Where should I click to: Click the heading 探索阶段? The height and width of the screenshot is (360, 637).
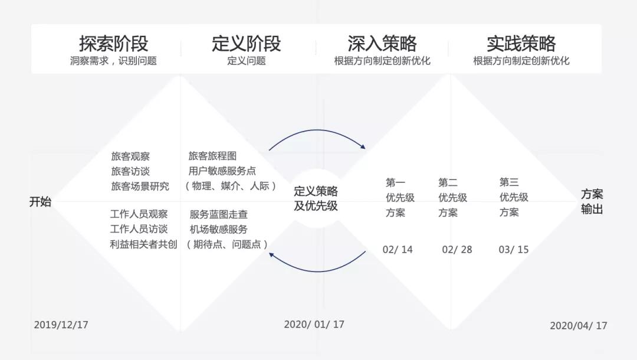pyautogui.click(x=113, y=43)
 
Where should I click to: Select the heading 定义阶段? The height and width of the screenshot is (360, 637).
pyautogui.click(x=246, y=43)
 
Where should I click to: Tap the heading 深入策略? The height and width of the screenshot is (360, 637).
pyautogui.click(x=382, y=43)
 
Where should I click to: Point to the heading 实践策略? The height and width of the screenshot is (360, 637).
pyautogui.click(x=521, y=43)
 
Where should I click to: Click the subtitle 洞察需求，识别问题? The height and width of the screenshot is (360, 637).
pyautogui.click(x=113, y=61)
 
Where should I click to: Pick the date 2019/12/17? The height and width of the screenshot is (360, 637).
pyautogui.click(x=61, y=325)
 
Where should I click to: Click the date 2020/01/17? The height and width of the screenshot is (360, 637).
pyautogui.click(x=314, y=324)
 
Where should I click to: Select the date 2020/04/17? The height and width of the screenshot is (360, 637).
pyautogui.click(x=578, y=325)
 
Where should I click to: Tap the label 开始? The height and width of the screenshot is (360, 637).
pyautogui.click(x=40, y=202)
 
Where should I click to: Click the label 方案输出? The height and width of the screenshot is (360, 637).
pyautogui.click(x=592, y=202)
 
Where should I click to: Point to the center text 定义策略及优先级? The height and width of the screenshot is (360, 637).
pyautogui.click(x=316, y=199)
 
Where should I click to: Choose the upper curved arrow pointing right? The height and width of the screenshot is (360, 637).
pyautogui.click(x=317, y=135)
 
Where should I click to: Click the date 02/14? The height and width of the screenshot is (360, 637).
pyautogui.click(x=398, y=249)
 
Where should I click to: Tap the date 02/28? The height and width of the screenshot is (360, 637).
pyautogui.click(x=457, y=249)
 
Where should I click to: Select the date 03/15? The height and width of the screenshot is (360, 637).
pyautogui.click(x=514, y=249)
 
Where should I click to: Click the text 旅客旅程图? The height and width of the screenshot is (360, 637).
pyautogui.click(x=212, y=156)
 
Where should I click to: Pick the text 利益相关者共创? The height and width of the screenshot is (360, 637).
pyautogui.click(x=143, y=244)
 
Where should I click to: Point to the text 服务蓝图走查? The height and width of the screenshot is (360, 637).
pyautogui.click(x=218, y=215)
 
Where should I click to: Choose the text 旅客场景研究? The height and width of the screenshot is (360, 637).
pyautogui.click(x=140, y=186)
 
